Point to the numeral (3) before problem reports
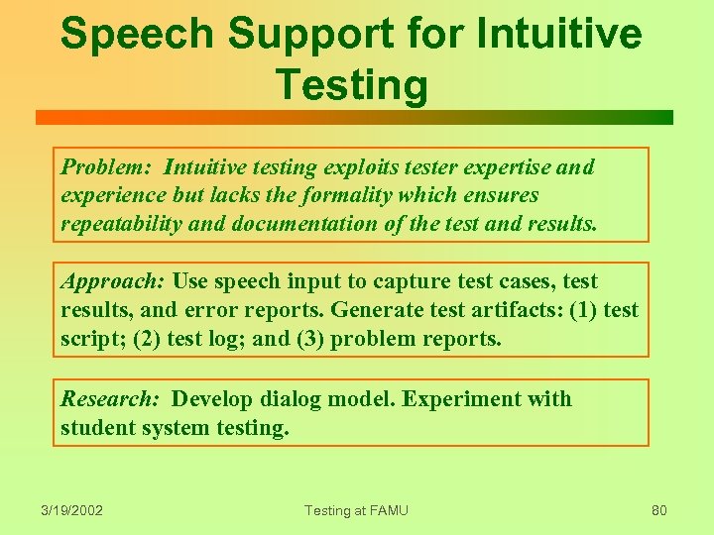click(310, 340)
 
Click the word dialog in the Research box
click(292, 399)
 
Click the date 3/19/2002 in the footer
click(72, 511)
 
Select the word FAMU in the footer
click(386, 511)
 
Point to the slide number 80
click(659, 511)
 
